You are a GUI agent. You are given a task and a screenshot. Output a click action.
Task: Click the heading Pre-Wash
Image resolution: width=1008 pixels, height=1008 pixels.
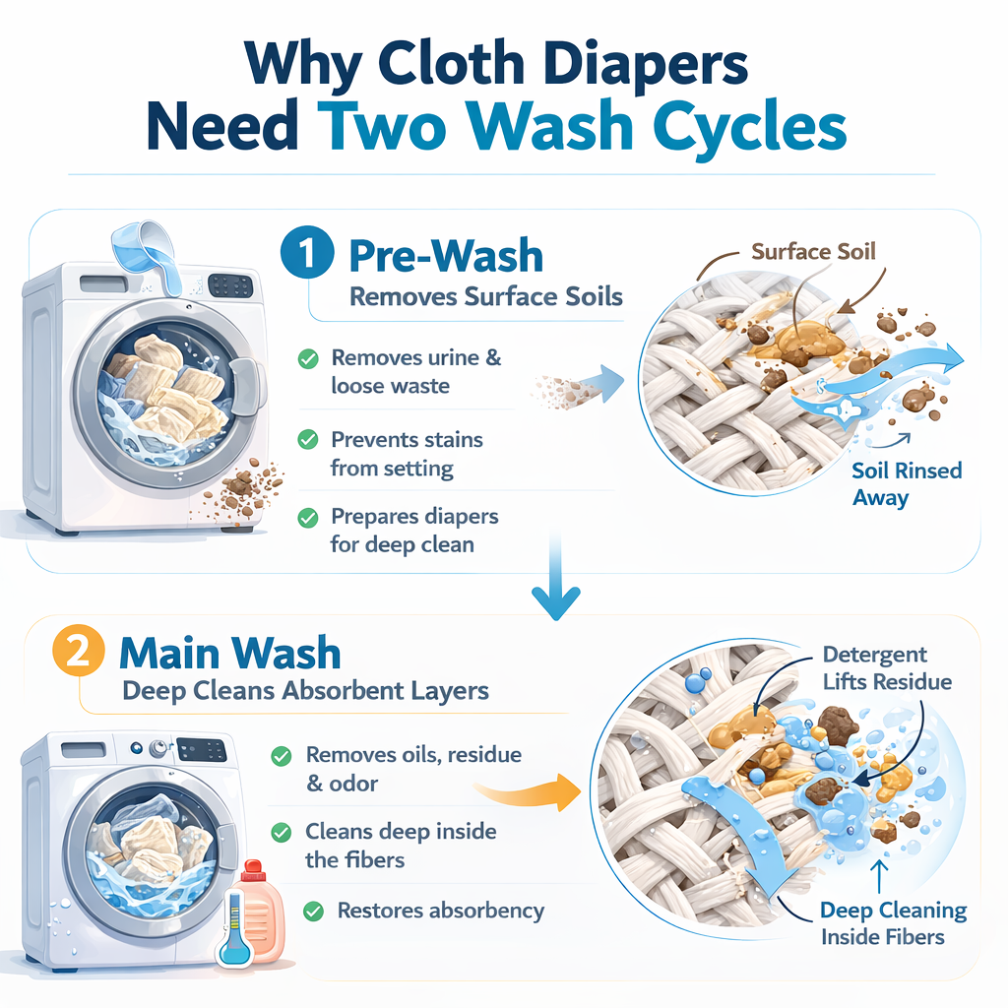click(446, 256)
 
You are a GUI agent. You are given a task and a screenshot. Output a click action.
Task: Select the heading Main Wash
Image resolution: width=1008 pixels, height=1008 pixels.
click(230, 654)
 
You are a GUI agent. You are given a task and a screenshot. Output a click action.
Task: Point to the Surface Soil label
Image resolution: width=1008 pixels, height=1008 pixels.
click(813, 252)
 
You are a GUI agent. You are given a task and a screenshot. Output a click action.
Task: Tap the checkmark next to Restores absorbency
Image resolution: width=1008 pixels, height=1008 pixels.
click(315, 912)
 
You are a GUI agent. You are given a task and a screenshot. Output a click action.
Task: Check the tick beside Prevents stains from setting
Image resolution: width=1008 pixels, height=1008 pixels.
click(308, 440)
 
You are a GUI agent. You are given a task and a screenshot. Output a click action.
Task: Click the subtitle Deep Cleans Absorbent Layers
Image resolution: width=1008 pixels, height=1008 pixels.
click(305, 690)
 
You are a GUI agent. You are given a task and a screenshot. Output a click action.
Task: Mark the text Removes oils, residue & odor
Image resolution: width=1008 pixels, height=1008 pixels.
click(413, 769)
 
